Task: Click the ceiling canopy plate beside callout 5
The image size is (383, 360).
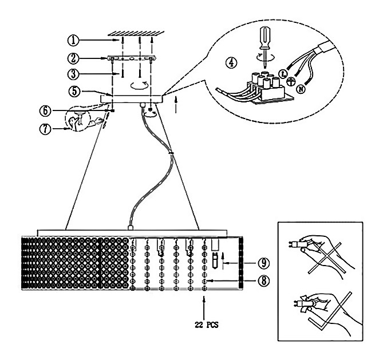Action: point(132,99)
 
